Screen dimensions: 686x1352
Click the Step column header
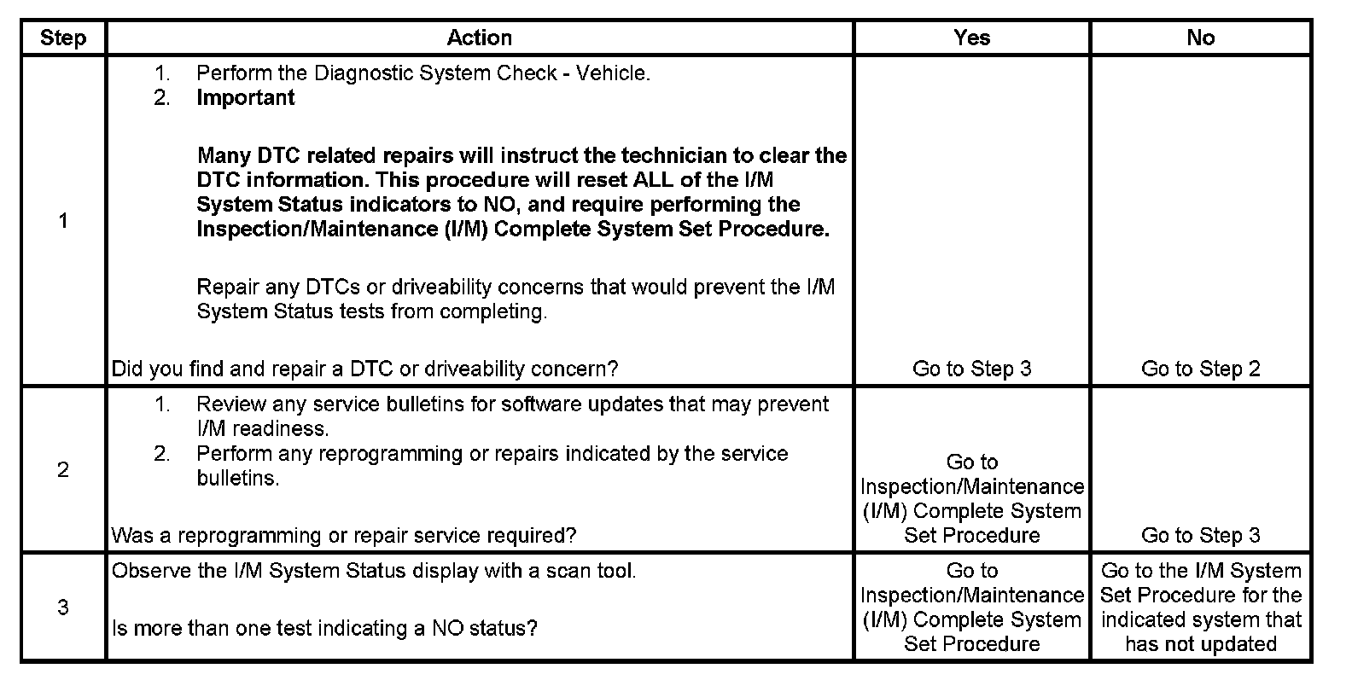click(x=63, y=38)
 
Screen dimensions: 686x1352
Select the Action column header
click(x=480, y=38)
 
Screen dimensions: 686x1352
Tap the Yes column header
click(x=972, y=38)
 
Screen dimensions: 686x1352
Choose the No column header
click(x=1201, y=38)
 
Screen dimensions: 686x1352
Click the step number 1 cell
click(x=63, y=221)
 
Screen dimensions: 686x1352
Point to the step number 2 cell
click(x=63, y=469)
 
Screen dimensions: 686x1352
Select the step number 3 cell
click(x=63, y=608)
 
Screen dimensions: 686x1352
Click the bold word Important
click(x=246, y=98)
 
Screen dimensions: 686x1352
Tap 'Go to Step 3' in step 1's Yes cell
click(x=972, y=369)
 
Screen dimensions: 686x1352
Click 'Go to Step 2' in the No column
click(x=1201, y=369)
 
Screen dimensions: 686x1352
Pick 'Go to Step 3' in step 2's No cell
click(x=1201, y=535)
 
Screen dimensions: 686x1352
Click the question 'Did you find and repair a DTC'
click(x=365, y=369)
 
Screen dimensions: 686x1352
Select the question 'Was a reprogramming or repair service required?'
click(x=344, y=535)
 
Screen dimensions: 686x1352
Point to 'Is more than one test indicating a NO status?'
click(x=325, y=629)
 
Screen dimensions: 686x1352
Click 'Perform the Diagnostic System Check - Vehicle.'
click(x=423, y=73)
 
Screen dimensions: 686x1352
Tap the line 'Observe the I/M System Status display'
click(x=374, y=571)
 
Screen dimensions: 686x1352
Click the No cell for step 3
click(x=1201, y=608)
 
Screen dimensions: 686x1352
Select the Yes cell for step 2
click(x=972, y=499)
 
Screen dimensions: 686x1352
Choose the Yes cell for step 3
click(x=972, y=608)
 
